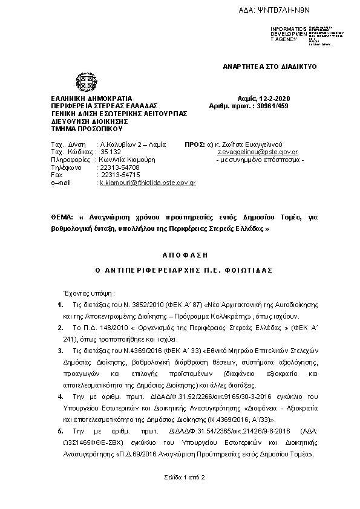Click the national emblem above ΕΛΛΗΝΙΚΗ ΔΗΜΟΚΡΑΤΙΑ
tap(84, 82)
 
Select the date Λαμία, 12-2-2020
tap(264, 99)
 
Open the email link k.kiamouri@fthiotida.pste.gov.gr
tap(148, 182)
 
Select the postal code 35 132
tap(111, 153)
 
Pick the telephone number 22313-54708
tap(120, 167)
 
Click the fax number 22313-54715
tap(120, 175)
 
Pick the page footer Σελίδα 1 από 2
tap(185, 478)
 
